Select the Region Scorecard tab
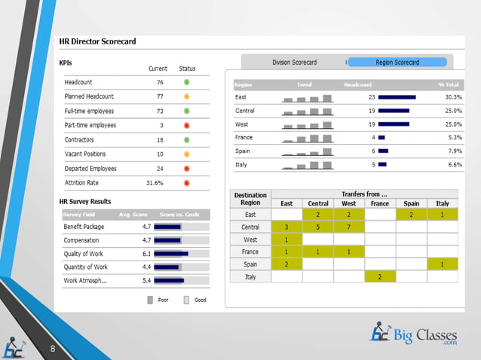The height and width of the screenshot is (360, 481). click(x=397, y=62)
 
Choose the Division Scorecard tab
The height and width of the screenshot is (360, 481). click(x=294, y=62)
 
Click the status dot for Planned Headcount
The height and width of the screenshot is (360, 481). click(x=186, y=96)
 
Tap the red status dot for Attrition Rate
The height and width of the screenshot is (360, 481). click(x=186, y=182)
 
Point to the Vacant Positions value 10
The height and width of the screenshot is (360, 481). click(x=159, y=154)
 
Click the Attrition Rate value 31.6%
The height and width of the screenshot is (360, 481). click(x=155, y=182)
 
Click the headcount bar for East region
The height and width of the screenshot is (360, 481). click(x=397, y=97)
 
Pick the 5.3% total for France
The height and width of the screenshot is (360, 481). click(x=454, y=137)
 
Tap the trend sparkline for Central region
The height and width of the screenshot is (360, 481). click(x=307, y=111)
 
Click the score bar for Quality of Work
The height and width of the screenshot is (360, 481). click(x=184, y=254)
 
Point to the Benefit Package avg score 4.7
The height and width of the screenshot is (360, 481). click(x=148, y=226)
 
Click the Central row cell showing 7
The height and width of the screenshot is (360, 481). click(x=349, y=227)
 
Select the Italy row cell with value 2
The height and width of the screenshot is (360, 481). click(x=380, y=277)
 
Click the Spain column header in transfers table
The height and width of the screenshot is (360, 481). click(x=411, y=203)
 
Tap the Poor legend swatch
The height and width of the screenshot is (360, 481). click(x=150, y=299)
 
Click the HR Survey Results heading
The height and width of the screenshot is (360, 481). click(x=85, y=201)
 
